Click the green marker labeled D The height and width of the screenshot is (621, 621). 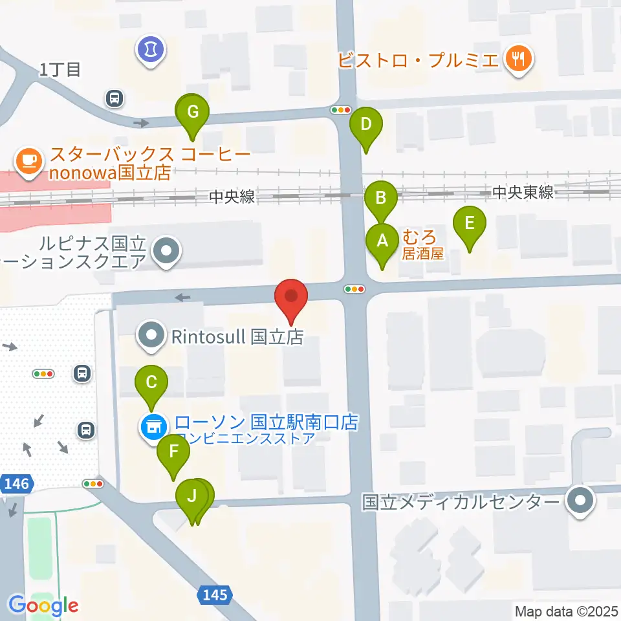(x=365, y=125)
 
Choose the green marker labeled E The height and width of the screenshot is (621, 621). (x=470, y=224)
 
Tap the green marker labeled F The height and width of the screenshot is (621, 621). (x=173, y=452)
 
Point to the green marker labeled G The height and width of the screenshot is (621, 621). (x=192, y=113)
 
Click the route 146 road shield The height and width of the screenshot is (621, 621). (x=16, y=483)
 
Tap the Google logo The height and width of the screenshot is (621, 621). (x=43, y=605)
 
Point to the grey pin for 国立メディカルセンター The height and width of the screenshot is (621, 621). (x=580, y=502)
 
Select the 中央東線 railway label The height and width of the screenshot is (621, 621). (x=522, y=193)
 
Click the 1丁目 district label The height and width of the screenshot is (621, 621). (x=60, y=69)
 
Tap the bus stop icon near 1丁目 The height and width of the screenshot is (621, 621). (x=114, y=98)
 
